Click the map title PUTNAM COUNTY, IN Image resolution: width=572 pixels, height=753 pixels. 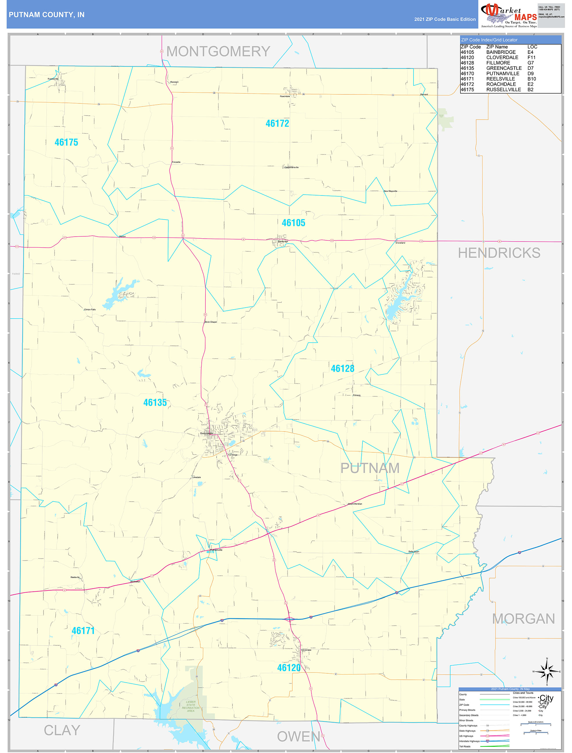pos(47,15)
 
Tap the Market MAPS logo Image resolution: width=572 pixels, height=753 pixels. pos(509,16)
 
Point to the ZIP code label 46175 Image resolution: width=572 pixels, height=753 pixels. pos(66,142)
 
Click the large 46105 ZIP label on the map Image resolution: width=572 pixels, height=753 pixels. pos(293,223)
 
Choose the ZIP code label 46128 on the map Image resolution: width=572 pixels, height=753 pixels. pos(343,368)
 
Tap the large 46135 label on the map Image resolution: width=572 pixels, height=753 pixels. pos(155,402)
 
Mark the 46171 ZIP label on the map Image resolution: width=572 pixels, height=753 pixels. pos(83,630)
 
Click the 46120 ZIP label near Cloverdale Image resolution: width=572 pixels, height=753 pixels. pos(289,668)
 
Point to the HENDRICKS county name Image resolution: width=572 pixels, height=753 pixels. pos(499,253)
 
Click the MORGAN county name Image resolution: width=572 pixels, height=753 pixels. pos(523,619)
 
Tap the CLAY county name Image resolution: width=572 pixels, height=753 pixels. pos(62,730)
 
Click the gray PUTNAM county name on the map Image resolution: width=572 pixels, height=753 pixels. pos(370,468)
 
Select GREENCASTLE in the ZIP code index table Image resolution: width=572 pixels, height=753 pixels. pos(504,68)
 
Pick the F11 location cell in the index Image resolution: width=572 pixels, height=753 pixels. pos(531,58)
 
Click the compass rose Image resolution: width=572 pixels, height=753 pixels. pos(547,671)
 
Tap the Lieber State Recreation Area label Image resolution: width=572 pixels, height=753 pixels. pos(191,706)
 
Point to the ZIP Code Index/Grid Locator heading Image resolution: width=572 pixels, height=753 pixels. pos(489,40)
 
